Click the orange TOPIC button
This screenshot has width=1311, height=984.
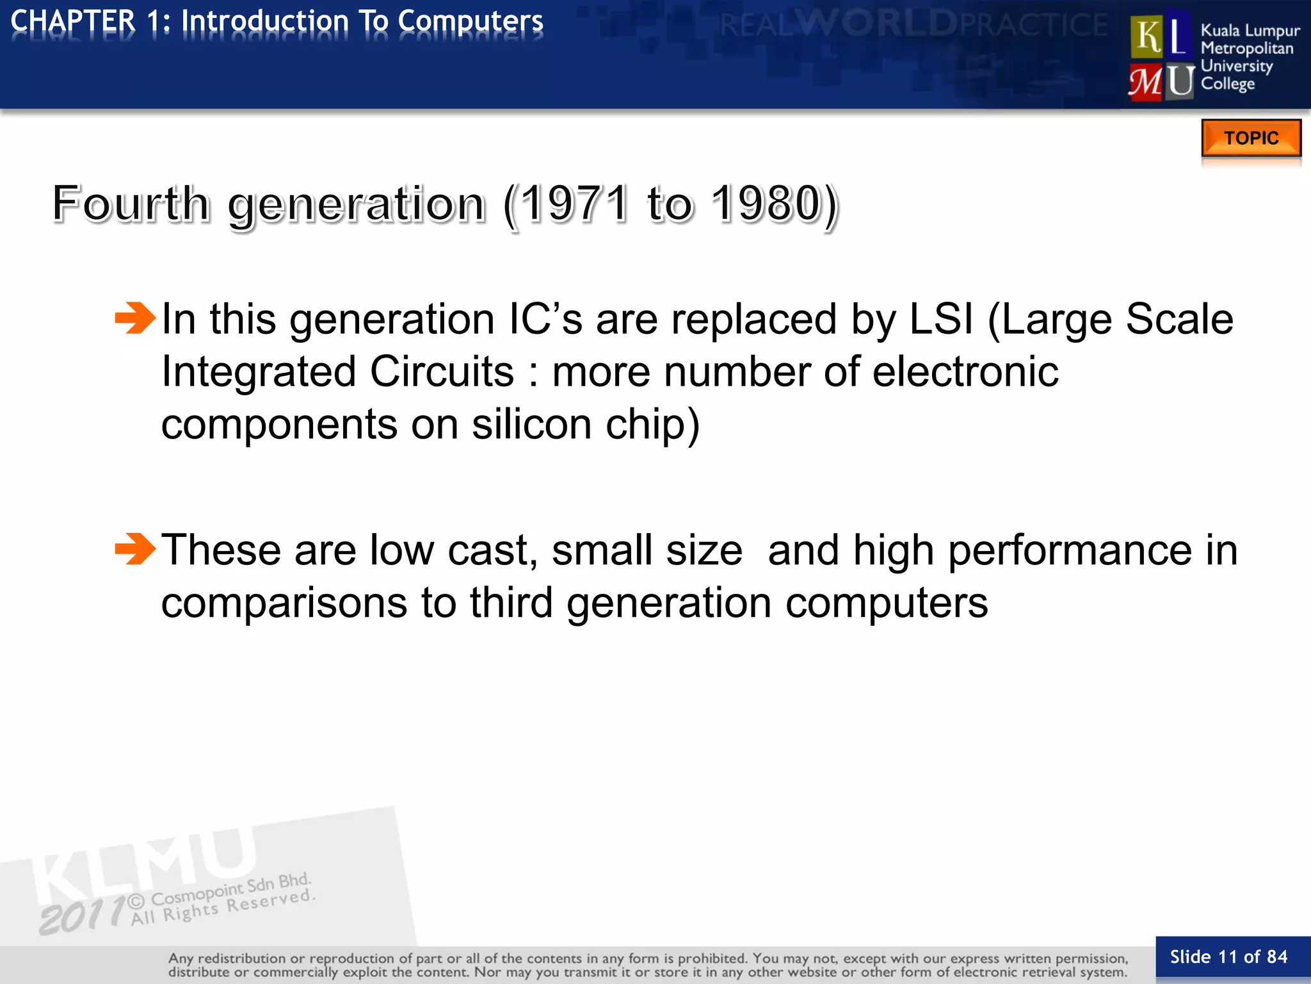coord(1251,138)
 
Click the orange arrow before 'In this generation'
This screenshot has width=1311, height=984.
coord(135,318)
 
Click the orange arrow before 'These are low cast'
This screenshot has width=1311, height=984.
coord(135,549)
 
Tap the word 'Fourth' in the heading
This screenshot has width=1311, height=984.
coord(131,204)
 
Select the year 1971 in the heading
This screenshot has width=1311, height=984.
coord(573,204)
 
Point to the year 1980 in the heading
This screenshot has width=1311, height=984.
coord(766,204)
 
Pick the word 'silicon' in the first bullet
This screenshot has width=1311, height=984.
coord(532,424)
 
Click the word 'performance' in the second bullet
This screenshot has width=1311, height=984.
coord(1070,550)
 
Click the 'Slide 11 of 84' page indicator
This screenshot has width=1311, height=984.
coord(1228,957)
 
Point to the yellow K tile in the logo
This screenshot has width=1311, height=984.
coord(1146,37)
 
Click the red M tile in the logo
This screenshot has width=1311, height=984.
coord(1146,82)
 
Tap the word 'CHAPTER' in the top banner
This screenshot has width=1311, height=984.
coord(74,21)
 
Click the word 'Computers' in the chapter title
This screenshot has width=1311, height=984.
coord(471,21)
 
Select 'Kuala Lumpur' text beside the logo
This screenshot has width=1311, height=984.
coord(1250,30)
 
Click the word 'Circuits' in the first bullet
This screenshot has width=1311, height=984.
coord(442,372)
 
